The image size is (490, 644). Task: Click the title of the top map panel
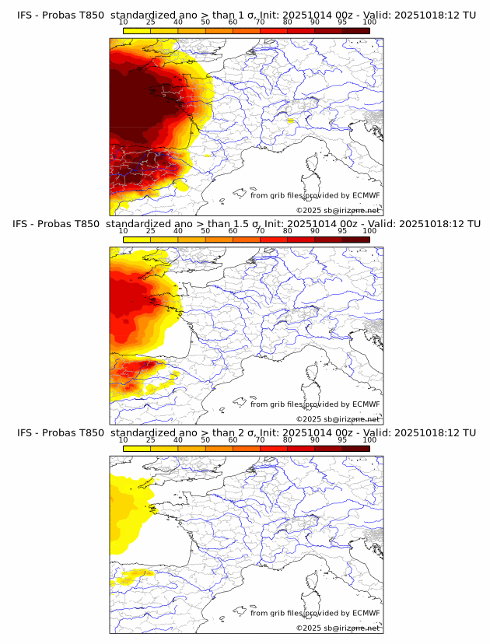246,15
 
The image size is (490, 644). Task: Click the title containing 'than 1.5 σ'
246,224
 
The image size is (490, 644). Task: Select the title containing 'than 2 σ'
246,432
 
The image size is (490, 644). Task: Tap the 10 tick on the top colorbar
124,23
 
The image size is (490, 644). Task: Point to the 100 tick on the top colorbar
369,23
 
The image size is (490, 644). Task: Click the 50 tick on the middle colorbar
205,231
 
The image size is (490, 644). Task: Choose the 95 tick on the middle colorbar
342,231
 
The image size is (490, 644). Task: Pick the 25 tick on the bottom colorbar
151,440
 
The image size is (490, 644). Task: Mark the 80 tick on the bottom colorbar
288,440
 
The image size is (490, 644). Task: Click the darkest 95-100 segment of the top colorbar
355,30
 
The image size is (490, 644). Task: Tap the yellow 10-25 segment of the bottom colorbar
137,448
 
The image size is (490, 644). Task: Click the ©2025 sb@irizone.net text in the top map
338,210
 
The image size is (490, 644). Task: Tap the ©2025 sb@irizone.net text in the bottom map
338,628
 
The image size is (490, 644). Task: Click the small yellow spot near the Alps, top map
289,121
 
